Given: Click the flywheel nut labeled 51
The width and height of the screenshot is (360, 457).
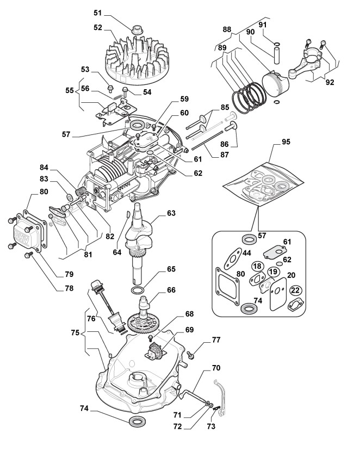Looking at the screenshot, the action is tap(136, 29).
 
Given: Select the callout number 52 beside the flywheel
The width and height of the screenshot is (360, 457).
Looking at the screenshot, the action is tap(98, 27).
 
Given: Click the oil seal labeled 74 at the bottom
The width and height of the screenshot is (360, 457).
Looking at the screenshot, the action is tap(136, 422).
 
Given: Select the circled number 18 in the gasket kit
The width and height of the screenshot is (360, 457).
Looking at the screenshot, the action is tap(257, 266).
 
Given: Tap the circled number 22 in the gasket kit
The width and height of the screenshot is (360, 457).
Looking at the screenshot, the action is tap(295, 291).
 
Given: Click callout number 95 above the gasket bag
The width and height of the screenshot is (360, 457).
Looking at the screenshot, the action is tap(286, 141).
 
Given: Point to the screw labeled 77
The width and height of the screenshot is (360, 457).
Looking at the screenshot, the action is tap(191, 355).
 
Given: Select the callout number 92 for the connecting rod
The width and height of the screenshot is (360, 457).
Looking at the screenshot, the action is tap(330, 83).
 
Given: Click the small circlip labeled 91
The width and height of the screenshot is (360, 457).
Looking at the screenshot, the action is tap(277, 44).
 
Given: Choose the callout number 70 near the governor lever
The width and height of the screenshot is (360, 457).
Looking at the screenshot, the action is tap(216, 368).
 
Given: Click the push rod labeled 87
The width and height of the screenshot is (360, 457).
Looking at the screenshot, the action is tap(207, 141).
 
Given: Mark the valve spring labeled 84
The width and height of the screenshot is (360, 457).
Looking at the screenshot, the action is tap(79, 193).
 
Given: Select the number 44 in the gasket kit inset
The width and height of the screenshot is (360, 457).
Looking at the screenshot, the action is tap(246, 253).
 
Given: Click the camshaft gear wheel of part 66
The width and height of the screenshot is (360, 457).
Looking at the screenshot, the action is tap(144, 323).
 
